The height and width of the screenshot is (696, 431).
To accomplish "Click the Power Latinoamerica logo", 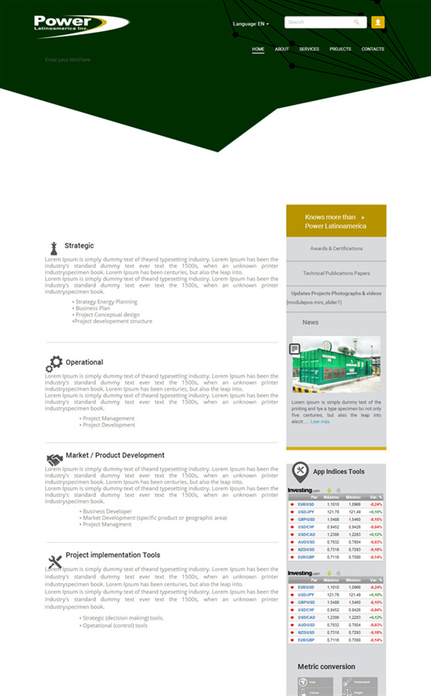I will click(x=80, y=25).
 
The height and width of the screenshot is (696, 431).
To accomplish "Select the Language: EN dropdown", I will click(x=251, y=24).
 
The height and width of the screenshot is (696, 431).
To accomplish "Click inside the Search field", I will click(x=320, y=22).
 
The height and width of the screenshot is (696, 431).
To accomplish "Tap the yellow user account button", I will click(x=378, y=22).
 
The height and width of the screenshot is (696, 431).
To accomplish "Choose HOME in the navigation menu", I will click(x=259, y=49).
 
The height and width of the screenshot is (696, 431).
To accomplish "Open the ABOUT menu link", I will click(x=282, y=49).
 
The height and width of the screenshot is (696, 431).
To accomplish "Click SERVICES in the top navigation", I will click(x=309, y=49).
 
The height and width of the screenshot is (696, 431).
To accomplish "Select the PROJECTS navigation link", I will click(x=340, y=49).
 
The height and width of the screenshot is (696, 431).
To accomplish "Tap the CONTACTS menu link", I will click(x=373, y=49).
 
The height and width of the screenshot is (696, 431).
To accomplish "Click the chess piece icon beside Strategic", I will click(x=53, y=248).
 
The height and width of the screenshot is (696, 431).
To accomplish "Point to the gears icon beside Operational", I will click(x=54, y=363).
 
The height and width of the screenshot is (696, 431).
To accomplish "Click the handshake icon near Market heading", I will click(x=55, y=458).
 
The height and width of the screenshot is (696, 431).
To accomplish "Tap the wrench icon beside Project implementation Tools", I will click(x=55, y=561).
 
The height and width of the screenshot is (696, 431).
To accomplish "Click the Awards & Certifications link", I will click(x=336, y=249).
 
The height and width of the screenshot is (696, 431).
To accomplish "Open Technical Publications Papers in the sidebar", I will click(x=336, y=273).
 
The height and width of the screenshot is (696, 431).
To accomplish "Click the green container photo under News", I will click(x=336, y=365).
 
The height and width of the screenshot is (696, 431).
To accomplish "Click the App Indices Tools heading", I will click(x=338, y=472).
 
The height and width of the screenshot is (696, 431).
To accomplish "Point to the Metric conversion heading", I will click(x=327, y=667).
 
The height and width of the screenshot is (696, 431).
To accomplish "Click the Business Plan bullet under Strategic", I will click(x=93, y=308).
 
